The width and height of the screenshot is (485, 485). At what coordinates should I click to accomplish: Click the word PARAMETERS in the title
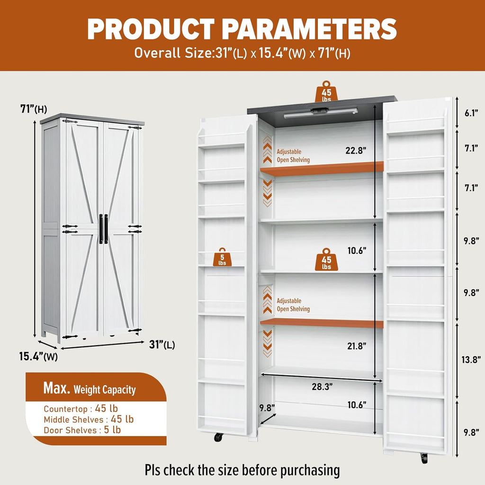coord(309,29)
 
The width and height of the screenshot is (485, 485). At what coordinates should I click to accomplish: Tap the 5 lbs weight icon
coord(222,257)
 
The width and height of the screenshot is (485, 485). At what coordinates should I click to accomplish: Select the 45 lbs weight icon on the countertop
coord(326,91)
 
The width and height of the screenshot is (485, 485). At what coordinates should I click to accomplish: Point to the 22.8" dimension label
coord(356,151)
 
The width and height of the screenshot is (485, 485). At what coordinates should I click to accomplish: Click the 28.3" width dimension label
coord(322,386)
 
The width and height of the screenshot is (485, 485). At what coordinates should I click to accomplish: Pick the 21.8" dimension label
coord(357,346)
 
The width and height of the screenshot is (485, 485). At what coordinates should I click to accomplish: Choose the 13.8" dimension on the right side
coord(471,360)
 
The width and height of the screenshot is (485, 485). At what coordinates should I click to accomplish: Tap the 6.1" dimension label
coord(471,113)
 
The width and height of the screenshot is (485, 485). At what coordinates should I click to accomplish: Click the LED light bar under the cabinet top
coord(321,113)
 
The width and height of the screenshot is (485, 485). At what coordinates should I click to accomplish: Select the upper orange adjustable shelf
coord(322,169)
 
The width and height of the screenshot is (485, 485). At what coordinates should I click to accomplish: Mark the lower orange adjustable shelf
coord(322,323)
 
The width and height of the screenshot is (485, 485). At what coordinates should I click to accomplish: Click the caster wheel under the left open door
coord(218,437)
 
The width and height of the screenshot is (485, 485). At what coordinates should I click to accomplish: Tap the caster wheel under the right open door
coord(424,458)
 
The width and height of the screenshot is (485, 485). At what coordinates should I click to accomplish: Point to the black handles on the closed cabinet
coord(104,229)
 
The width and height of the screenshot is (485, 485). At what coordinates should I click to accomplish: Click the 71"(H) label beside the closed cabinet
coord(34,109)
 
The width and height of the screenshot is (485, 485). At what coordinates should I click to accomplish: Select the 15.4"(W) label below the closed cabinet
coord(38,357)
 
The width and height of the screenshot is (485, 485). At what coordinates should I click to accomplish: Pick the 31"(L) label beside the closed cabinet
coord(162,345)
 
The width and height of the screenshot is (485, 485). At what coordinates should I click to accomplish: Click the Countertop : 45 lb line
coord(81,409)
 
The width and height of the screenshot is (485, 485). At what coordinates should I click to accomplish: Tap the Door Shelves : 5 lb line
coord(82,430)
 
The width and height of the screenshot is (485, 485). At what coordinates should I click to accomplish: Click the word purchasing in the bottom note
coord(310,471)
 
